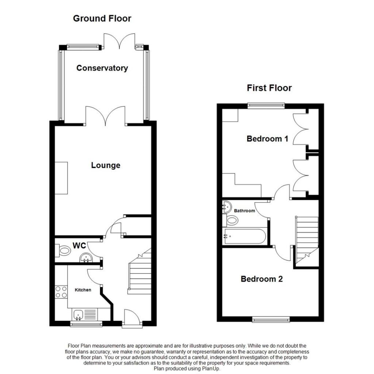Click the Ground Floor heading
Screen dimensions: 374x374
point(102,19)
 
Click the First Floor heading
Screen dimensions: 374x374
point(269,88)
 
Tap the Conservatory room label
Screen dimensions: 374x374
point(102,68)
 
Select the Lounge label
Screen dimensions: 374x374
point(106,165)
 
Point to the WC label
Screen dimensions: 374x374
point(79,245)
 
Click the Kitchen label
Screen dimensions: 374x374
point(83,290)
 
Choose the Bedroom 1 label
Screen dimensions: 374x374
point(267,139)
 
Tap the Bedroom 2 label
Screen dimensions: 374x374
point(262,279)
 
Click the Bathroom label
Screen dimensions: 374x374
point(244,211)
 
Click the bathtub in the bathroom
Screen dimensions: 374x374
point(244,236)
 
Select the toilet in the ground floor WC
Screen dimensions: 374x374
point(63,251)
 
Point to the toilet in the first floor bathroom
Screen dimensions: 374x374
point(230,220)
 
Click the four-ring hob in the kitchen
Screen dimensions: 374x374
point(61,292)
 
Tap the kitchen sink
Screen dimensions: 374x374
point(85,314)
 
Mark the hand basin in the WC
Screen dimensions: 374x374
point(86,258)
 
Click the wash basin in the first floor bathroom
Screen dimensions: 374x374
point(226,207)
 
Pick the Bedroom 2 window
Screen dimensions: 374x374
point(271,319)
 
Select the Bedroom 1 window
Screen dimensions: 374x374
point(266,105)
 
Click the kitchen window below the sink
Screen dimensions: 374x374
point(86,324)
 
